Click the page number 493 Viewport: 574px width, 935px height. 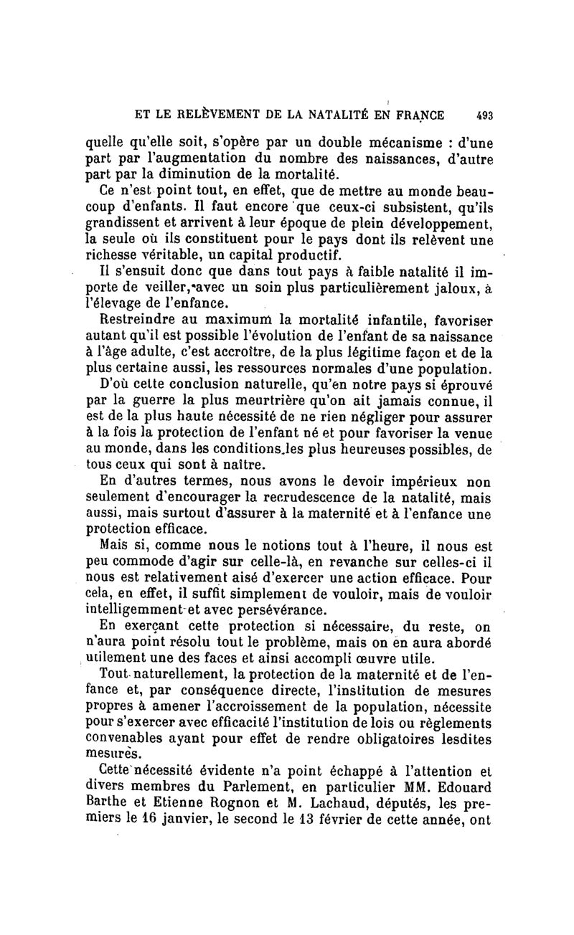point(483,114)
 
